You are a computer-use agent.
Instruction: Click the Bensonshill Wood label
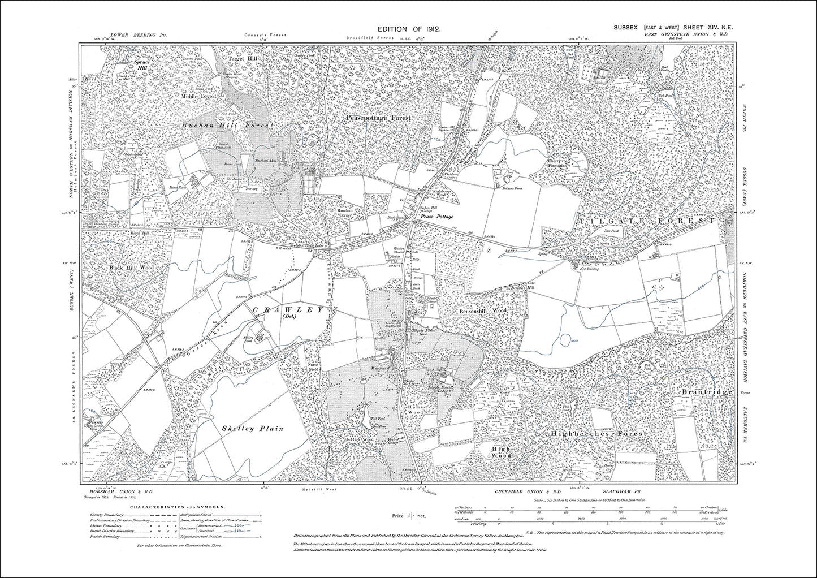coord(483,311)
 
